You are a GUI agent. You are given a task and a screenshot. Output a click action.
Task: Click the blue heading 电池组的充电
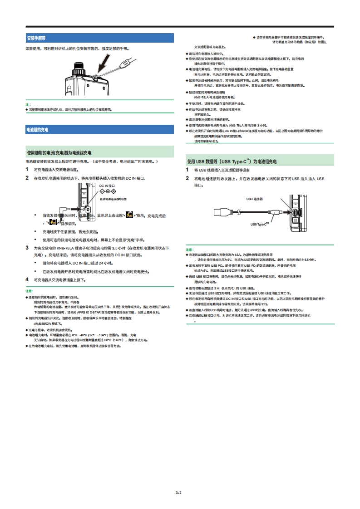coord(37,130)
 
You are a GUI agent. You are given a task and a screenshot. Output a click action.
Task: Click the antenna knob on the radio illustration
coord(80,70)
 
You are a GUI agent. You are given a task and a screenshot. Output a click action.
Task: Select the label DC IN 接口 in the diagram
coord(107,186)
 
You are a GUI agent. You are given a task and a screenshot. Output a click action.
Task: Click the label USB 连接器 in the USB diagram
coord(255,199)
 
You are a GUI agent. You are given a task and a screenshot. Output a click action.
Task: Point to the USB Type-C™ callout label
coord(260,224)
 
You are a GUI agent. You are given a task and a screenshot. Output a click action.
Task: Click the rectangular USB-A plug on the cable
coord(222,212)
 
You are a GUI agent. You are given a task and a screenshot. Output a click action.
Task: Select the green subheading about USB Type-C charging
coord(232,161)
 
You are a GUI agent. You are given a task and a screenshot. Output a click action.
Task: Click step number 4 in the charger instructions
coord(27,279)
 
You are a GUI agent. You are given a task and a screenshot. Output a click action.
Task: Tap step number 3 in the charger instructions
coord(27,248)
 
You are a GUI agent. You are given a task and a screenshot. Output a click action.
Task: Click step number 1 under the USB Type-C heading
coord(187,170)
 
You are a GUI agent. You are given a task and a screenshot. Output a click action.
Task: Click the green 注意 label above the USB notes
coord(189,250)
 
